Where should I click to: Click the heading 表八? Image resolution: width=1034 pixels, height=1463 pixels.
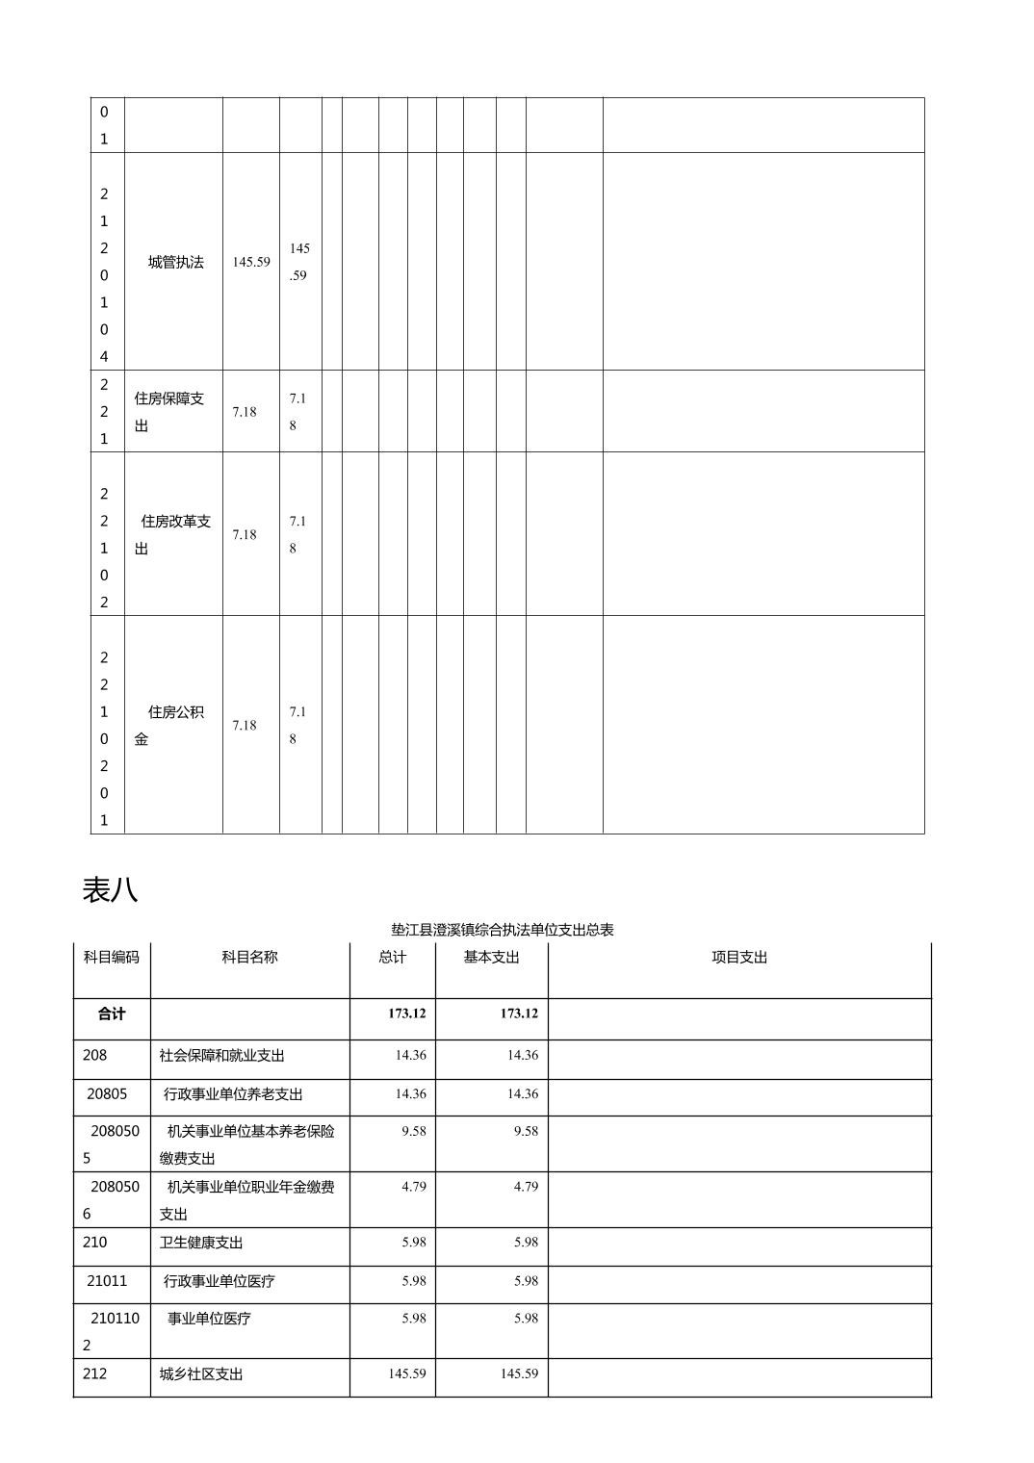[110, 890]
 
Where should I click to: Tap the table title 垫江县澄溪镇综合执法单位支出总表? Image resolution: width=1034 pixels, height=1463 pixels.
[502, 930]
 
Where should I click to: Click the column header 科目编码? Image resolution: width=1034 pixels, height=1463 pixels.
[112, 957]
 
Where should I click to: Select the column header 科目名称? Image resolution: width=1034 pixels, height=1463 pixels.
[249, 957]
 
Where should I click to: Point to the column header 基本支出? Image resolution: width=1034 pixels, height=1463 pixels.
[491, 957]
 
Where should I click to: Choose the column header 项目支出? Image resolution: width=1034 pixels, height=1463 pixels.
[738, 957]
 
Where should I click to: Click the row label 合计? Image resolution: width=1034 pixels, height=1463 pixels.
[112, 1014]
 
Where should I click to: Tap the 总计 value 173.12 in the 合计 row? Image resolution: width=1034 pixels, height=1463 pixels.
[407, 1014]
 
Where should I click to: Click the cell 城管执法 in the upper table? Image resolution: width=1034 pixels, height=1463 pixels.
[175, 262]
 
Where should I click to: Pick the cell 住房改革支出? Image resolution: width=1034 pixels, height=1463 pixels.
[172, 534]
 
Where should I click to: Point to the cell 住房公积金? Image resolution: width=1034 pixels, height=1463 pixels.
[169, 725]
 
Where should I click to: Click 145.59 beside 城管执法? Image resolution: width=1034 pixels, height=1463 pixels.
[251, 262]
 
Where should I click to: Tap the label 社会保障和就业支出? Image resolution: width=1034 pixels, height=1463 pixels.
[222, 1056]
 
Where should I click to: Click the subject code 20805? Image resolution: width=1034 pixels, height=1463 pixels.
[107, 1094]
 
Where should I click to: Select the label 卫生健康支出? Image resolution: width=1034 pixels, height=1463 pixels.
[201, 1243]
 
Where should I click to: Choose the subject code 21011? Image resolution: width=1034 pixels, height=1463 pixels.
[107, 1281]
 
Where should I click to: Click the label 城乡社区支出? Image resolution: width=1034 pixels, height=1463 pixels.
[201, 1374]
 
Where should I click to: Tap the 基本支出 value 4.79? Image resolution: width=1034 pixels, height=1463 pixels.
[526, 1187]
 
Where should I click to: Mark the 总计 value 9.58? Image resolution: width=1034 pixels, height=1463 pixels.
[414, 1131]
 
